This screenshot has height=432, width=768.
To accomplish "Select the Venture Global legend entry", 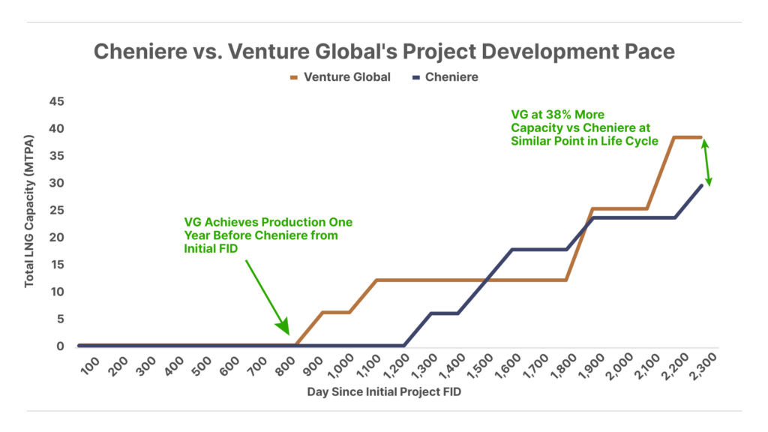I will click(340, 77).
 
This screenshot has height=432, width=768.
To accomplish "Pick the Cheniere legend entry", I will click(445, 77).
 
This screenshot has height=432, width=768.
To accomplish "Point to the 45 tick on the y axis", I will click(57, 102).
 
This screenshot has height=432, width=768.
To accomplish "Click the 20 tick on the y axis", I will click(57, 238).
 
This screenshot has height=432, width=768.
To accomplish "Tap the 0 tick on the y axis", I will click(61, 346).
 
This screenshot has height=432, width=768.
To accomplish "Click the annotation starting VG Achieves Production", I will click(268, 235).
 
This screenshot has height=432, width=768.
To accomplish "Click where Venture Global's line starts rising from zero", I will click(296, 345).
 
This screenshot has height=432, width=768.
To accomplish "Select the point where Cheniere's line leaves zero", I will click(404, 345).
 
